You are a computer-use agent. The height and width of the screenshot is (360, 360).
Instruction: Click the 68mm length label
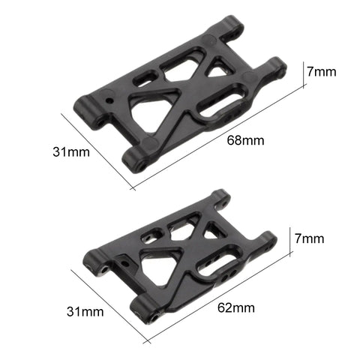tap(245, 140)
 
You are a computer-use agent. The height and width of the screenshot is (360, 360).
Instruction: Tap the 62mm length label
tap(236, 307)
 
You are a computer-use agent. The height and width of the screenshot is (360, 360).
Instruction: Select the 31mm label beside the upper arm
tap(71, 151)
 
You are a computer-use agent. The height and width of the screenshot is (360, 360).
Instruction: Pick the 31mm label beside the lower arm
tap(85, 311)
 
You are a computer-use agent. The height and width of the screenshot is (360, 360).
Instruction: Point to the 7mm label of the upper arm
tap(322, 71)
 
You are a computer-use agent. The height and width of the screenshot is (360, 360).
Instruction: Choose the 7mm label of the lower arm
tap(309, 238)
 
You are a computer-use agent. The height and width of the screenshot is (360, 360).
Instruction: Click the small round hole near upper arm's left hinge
tap(109, 100)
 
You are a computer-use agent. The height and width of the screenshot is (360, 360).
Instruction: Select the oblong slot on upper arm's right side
tap(220, 103)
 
